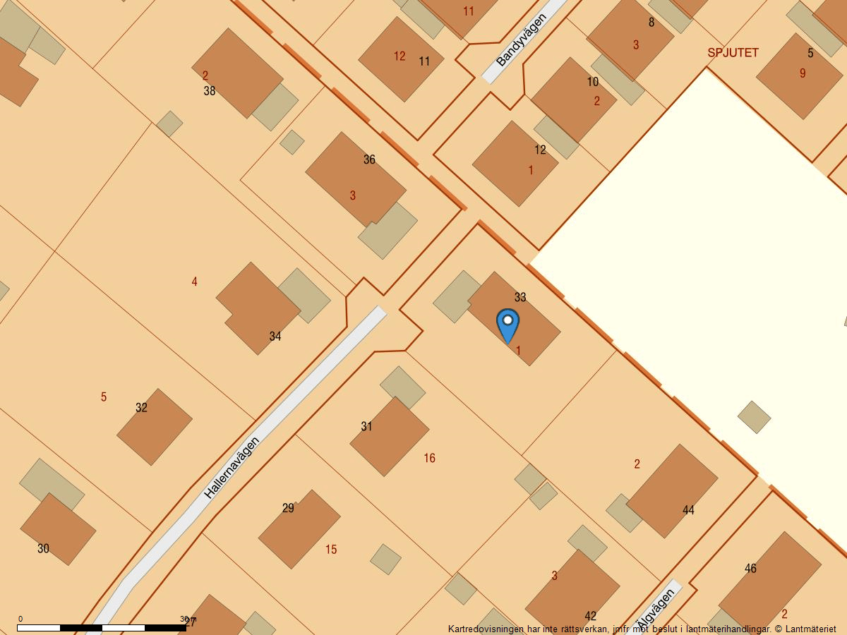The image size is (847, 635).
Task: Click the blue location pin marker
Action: click(x=507, y=325)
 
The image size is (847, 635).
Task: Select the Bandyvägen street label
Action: click(x=522, y=40)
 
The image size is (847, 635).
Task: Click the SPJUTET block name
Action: click(x=733, y=53)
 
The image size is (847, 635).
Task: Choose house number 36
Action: click(x=369, y=159)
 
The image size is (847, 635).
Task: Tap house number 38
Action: click(x=210, y=91)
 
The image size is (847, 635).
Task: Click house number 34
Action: click(x=275, y=337)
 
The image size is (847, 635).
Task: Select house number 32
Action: click(x=141, y=408)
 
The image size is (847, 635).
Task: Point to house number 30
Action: click(x=43, y=548)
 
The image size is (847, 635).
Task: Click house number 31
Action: click(x=366, y=426)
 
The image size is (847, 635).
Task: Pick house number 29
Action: click(x=288, y=508)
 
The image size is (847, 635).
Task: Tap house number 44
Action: click(x=688, y=510)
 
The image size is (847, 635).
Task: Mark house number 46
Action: click(x=750, y=569)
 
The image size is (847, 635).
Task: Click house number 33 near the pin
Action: click(x=520, y=297)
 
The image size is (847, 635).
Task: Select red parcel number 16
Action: click(x=429, y=459)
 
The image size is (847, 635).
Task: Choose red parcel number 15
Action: click(x=331, y=550)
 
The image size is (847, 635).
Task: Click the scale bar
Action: click(x=102, y=627)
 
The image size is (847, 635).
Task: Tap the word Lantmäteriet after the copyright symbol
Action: click(x=810, y=629)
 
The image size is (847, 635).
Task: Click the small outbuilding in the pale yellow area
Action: click(x=754, y=417)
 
